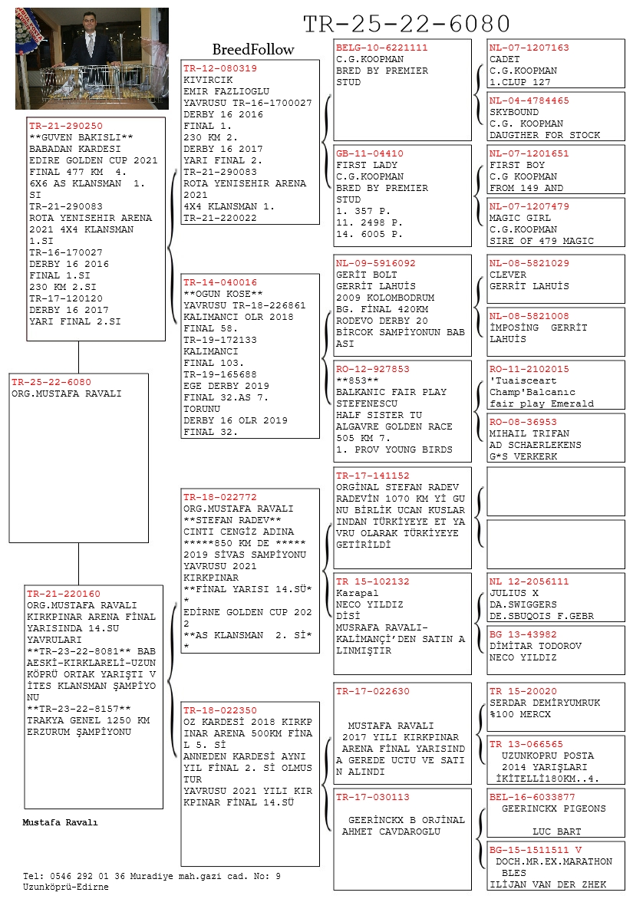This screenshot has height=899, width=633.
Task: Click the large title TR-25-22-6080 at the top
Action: (x=407, y=24)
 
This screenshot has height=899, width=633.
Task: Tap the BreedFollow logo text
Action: (x=252, y=50)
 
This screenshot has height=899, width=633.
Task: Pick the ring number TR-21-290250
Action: (x=66, y=126)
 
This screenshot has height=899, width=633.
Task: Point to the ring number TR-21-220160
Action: (x=64, y=594)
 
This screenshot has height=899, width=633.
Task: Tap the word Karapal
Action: (x=358, y=593)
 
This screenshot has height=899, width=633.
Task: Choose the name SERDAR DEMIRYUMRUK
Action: (x=545, y=703)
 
